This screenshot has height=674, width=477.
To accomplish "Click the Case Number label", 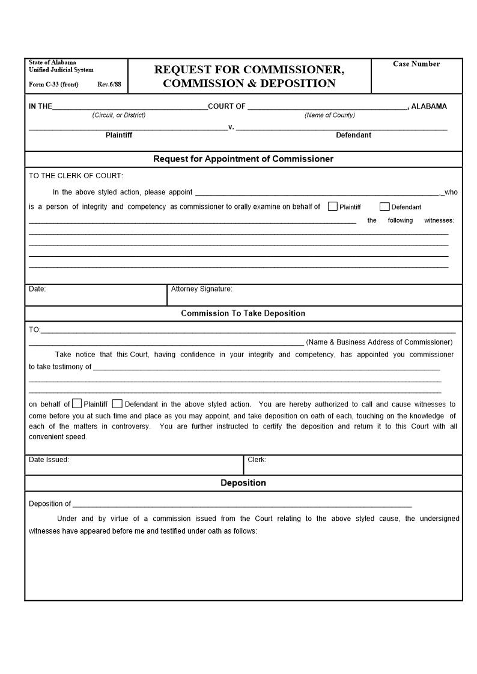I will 416,64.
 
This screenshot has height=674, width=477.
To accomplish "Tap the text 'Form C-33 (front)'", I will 53,85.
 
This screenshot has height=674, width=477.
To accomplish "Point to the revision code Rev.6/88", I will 109,85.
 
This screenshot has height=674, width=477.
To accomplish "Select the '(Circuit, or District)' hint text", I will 119,115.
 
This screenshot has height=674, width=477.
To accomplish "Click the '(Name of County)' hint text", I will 329,115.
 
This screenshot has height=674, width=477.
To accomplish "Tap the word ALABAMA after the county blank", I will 429,106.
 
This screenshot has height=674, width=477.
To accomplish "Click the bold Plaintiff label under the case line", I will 119,135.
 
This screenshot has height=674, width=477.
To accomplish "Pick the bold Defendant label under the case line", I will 353,135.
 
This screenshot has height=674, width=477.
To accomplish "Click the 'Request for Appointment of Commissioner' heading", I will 243,159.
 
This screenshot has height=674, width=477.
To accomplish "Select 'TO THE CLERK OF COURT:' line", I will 76,176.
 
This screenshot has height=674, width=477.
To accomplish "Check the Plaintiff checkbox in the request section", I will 333,206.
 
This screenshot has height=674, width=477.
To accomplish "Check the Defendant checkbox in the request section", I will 384,206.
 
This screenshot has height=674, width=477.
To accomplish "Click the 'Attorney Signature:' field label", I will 201,289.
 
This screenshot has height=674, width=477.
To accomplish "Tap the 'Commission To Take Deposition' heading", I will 243,313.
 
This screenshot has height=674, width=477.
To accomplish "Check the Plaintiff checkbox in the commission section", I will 77,404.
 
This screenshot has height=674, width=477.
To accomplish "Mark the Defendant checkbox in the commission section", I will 118,404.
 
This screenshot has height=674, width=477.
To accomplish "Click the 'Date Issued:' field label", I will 49,460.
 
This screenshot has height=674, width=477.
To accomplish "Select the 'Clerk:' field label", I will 257,460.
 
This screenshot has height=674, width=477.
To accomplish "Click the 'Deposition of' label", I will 50,504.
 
